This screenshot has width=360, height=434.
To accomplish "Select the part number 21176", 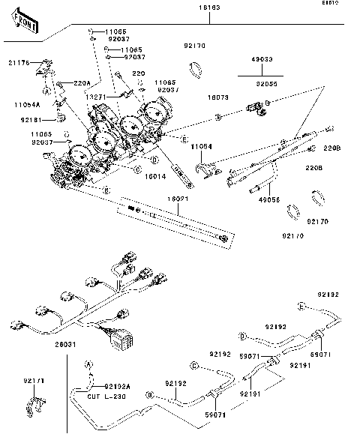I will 19,64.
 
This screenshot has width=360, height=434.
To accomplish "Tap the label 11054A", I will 26,105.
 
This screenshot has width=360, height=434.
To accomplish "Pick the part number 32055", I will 263,84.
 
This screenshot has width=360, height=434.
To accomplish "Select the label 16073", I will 217,97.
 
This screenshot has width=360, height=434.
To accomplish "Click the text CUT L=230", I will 105,395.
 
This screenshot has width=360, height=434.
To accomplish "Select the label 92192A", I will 117,386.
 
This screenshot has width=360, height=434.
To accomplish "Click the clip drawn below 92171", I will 33,404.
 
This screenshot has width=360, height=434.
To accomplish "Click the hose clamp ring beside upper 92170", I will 196,69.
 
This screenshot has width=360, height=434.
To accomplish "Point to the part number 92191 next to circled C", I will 250,393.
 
